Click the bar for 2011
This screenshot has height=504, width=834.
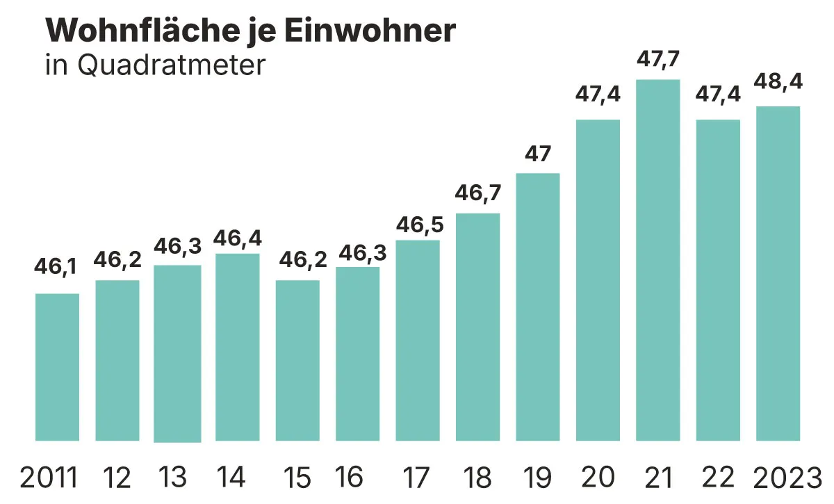[57, 367]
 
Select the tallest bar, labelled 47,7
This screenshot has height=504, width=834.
[658, 260]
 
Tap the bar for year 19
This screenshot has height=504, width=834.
[538, 307]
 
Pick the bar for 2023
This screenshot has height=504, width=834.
[778, 273]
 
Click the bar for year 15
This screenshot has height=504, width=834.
[297, 360]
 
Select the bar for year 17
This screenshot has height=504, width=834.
[418, 340]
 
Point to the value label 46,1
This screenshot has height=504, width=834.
[56, 267]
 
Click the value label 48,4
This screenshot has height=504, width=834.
[778, 81]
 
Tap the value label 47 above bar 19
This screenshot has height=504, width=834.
[538, 153]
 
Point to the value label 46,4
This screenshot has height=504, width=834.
[238, 239]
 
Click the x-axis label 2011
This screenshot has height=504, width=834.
[49, 478]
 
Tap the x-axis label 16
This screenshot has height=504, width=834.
[349, 478]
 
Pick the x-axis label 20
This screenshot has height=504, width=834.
[598, 478]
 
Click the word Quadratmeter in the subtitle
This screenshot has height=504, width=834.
[172, 65]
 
